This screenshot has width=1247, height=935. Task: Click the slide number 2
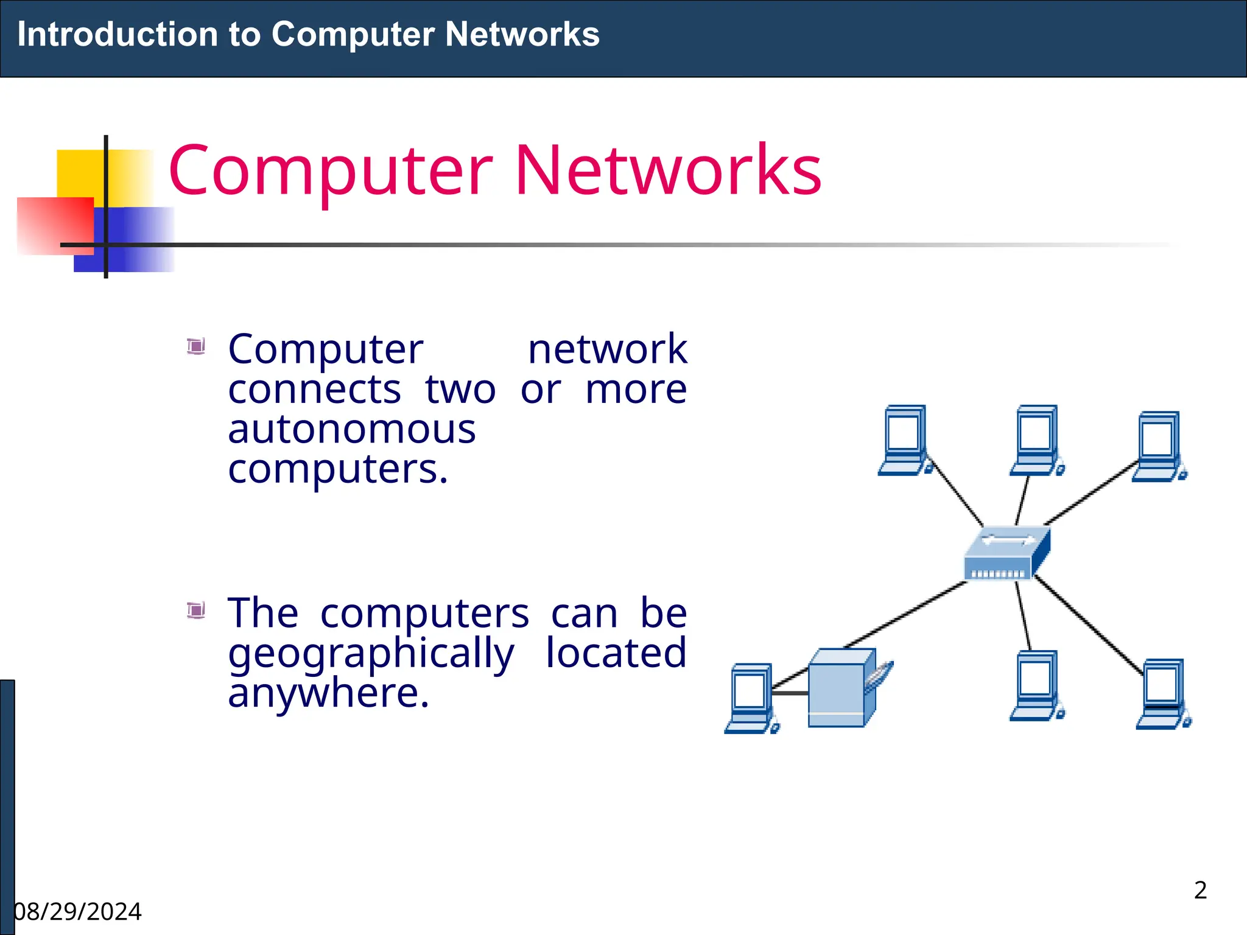[1200, 890]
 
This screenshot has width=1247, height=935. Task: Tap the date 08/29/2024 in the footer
[78, 912]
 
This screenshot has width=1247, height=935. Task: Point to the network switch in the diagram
[1006, 553]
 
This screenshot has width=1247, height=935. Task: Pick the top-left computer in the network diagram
[905, 440]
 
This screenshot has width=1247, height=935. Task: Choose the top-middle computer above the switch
[1036, 440]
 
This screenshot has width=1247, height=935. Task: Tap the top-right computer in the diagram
[1159, 446]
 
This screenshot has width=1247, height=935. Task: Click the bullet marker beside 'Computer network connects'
[196, 346]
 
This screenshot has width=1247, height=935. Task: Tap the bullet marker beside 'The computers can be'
[196, 609]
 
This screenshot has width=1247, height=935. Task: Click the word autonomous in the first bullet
[351, 429]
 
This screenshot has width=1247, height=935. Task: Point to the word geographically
[371, 653]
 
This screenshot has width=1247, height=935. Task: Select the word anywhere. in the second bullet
[328, 693]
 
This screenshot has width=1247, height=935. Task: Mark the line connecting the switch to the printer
[907, 613]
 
